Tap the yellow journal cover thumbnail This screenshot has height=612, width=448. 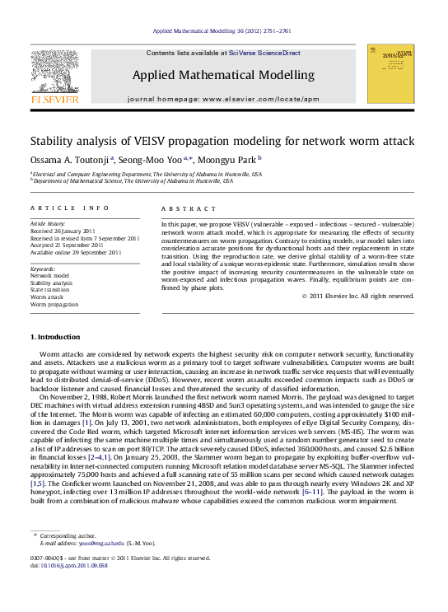391,74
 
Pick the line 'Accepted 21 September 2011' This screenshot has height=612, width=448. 67,245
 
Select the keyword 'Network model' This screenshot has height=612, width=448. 50,275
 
